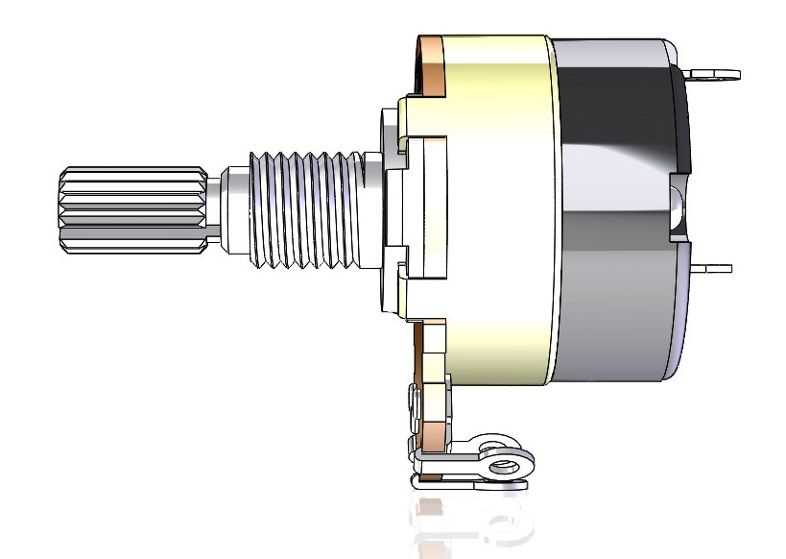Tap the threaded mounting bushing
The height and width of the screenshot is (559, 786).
[x=307, y=207]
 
